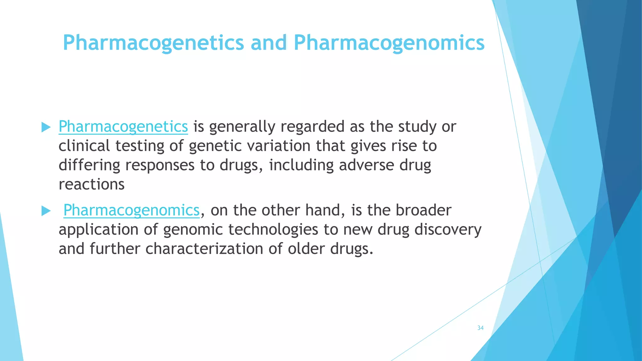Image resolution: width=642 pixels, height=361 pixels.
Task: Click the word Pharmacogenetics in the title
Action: point(153,43)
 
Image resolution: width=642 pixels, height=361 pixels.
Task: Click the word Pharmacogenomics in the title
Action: point(389,43)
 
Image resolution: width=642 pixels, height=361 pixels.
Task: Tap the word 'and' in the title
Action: point(269,43)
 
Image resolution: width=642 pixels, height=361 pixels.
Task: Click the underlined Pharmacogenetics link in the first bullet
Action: point(123,127)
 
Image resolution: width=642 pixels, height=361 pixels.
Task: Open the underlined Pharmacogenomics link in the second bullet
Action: point(131,210)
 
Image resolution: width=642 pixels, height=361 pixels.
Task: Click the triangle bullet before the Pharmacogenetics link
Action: point(46,127)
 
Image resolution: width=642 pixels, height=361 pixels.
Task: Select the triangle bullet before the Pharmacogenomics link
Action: point(46,211)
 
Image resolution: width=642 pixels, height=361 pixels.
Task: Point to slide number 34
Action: point(480,328)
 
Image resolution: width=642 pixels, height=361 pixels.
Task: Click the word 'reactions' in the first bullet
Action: point(92,184)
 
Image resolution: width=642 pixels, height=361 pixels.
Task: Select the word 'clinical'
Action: point(84,146)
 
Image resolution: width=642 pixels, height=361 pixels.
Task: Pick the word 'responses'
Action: point(160,165)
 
